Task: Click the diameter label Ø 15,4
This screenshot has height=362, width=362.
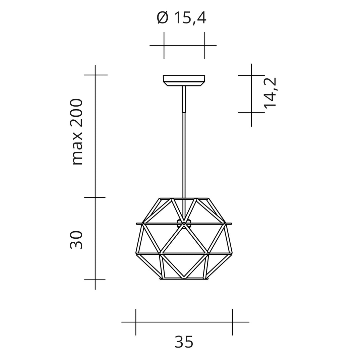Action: click(x=181, y=18)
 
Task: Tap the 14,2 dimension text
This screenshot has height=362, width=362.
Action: click(x=270, y=93)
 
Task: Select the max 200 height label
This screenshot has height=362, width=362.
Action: click(x=77, y=132)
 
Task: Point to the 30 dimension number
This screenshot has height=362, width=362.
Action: click(x=76, y=240)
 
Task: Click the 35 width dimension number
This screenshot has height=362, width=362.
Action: click(x=184, y=342)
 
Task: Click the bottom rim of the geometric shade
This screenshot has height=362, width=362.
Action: click(x=184, y=279)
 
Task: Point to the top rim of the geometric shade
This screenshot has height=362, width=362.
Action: click(x=184, y=198)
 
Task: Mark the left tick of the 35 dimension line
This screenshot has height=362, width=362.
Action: click(x=136, y=322)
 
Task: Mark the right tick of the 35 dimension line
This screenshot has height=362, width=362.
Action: click(x=232, y=322)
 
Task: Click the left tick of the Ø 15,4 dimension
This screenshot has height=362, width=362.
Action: click(x=164, y=45)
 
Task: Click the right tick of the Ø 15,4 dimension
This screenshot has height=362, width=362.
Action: click(x=204, y=45)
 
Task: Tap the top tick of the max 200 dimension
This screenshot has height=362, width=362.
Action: click(x=95, y=75)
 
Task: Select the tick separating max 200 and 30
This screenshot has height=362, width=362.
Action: click(x=95, y=197)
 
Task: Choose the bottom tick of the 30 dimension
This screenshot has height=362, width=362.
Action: click(x=95, y=279)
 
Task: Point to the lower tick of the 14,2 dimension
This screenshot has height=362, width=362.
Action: click(x=251, y=112)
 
